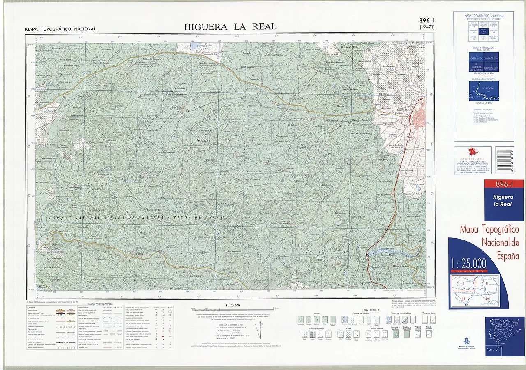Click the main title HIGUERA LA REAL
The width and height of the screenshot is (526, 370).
point(230,27)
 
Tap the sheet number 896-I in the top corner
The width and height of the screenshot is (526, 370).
point(427,21)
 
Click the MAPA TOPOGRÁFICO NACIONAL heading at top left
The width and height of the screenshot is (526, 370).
point(60,29)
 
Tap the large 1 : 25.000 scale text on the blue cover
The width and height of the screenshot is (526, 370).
point(468,263)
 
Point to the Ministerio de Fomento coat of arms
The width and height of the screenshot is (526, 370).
point(466,341)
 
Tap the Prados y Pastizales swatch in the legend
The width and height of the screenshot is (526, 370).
point(407,335)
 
